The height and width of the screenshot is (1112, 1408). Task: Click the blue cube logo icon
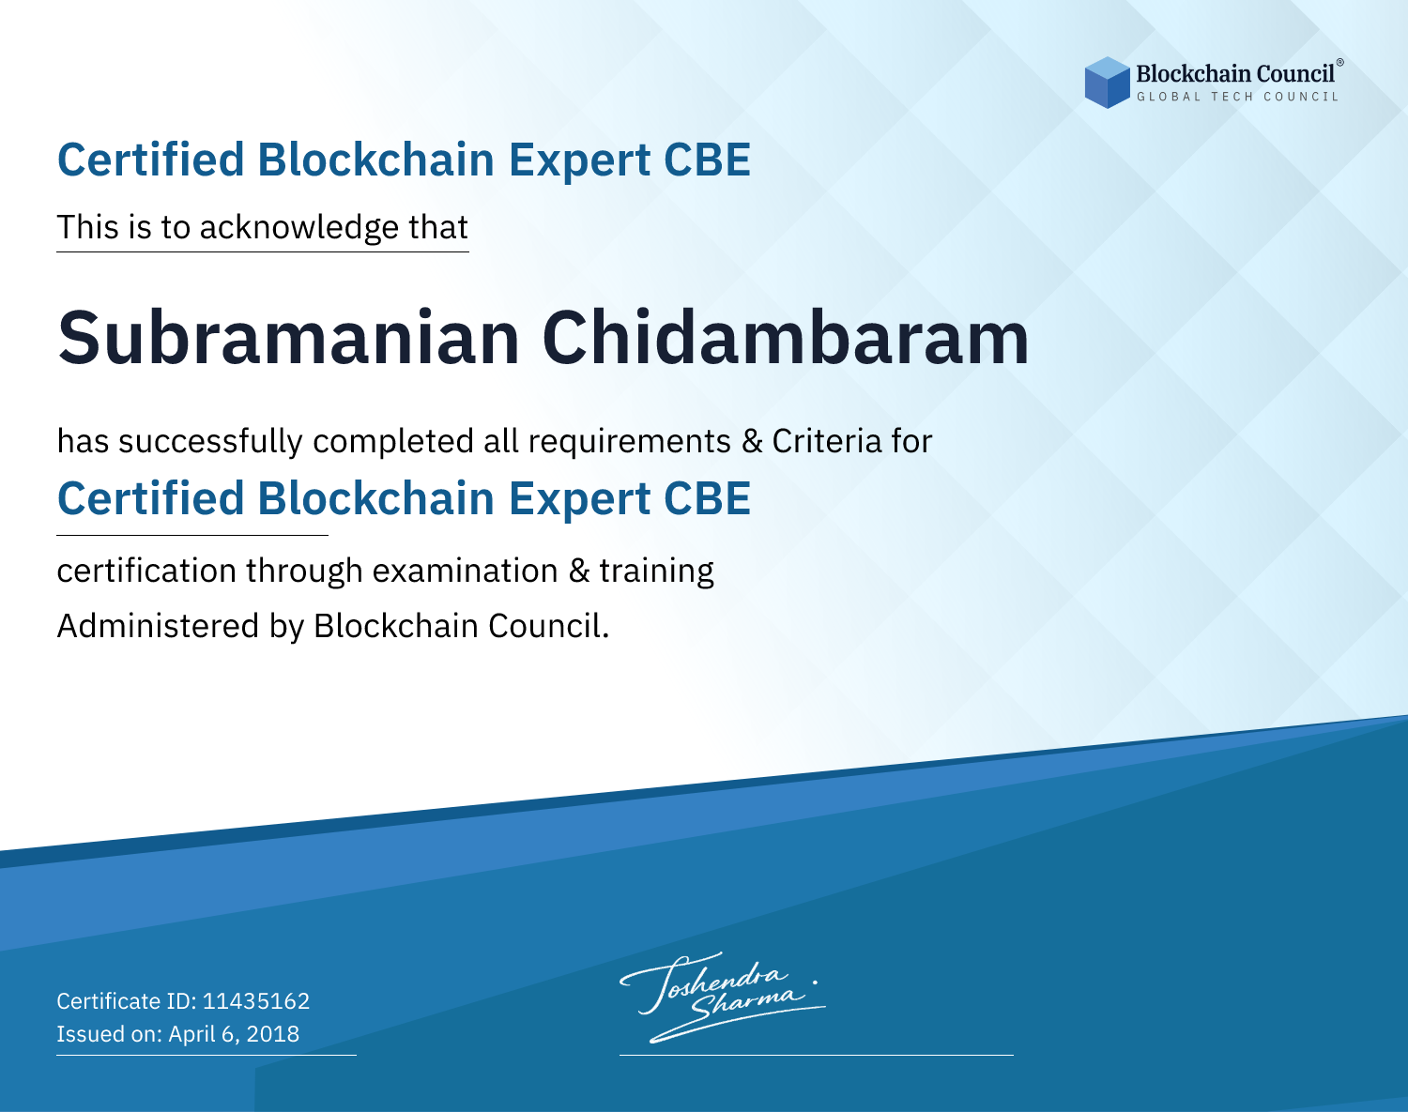pos(1107,83)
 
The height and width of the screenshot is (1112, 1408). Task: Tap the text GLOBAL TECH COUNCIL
pos(1238,97)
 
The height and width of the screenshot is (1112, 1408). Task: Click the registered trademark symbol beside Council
pos(1340,63)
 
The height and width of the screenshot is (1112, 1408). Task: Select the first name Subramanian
pos(288,338)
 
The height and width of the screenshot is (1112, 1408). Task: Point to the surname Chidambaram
pos(786,338)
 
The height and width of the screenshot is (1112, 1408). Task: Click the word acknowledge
pos(299,228)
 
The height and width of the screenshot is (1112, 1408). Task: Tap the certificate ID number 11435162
pos(256,1000)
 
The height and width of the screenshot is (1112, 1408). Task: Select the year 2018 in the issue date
pos(273,1033)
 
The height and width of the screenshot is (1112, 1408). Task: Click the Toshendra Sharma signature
pos(723,997)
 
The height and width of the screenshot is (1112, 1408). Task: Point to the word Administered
pos(158,625)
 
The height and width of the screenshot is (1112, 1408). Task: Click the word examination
pos(465,571)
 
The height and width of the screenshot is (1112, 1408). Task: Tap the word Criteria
pos(826,441)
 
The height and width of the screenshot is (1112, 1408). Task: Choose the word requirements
pos(630,442)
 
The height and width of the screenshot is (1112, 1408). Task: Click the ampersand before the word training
pos(578,571)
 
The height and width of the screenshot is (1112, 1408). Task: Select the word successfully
pos(210,442)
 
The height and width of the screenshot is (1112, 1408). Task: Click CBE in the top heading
pos(707,160)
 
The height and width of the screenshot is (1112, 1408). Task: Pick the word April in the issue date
pos(191,1035)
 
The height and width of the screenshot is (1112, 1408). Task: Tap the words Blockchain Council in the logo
pos(1235,74)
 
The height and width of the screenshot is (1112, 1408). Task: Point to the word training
pos(656,571)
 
